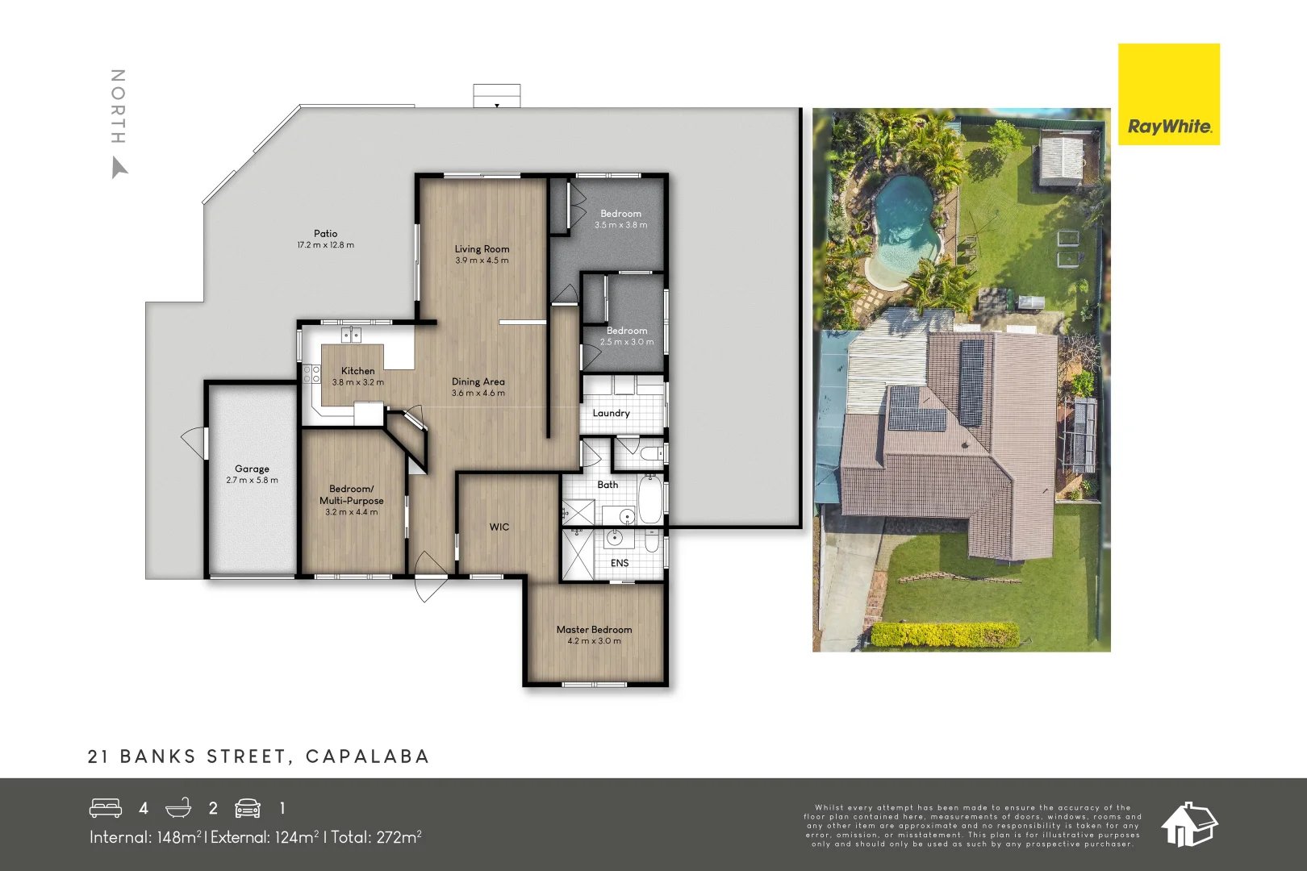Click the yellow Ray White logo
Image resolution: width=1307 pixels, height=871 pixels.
pyautogui.click(x=1168, y=94)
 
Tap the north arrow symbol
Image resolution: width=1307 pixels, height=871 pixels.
pyautogui.click(x=119, y=168)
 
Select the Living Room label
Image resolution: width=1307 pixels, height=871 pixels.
pyautogui.click(x=482, y=249)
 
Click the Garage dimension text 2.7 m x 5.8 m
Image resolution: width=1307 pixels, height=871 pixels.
pyautogui.click(x=252, y=481)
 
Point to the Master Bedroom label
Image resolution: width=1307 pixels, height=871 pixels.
pyautogui.click(x=594, y=630)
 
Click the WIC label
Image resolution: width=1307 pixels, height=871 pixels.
pyautogui.click(x=499, y=527)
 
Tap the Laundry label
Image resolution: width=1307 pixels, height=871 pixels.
pyautogui.click(x=611, y=414)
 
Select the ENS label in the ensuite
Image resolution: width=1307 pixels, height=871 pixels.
pyautogui.click(x=620, y=563)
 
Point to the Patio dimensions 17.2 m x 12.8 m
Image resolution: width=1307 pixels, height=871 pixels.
pyautogui.click(x=325, y=245)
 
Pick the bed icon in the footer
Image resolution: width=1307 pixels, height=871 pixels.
pyautogui.click(x=106, y=808)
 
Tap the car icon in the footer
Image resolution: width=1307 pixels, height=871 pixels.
pyautogui.click(x=248, y=808)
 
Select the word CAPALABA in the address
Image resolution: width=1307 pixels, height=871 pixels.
pyautogui.click(x=367, y=756)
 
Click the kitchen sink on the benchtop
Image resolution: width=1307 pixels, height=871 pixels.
pyautogui.click(x=351, y=334)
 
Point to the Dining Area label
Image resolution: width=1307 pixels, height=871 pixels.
pyautogui.click(x=478, y=382)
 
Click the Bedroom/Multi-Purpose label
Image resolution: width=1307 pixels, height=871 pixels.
pyautogui.click(x=351, y=494)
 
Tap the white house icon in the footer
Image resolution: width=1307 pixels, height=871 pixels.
pyautogui.click(x=1188, y=824)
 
